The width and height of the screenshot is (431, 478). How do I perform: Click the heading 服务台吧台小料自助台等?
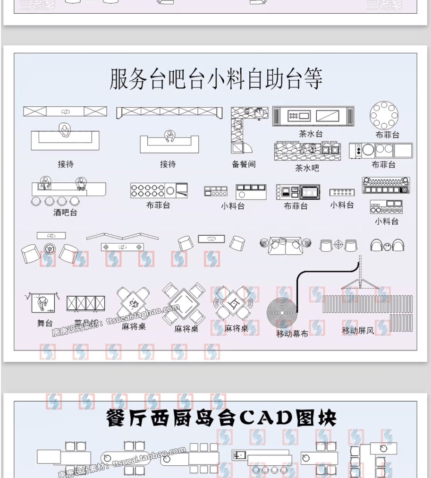click(x=216, y=79)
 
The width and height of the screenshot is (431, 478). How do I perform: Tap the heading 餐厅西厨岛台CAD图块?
click(x=221, y=418)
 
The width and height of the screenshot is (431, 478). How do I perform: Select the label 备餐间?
click(x=244, y=164)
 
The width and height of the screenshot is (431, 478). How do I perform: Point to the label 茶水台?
click(x=311, y=134)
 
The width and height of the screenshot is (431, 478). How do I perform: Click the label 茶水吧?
click(x=307, y=168)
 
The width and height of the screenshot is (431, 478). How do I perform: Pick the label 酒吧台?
click(x=65, y=213)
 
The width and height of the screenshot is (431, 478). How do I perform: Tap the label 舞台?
click(x=45, y=323)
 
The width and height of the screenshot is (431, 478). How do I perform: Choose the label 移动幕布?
click(x=292, y=333)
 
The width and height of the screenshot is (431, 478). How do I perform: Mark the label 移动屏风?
click(x=358, y=331)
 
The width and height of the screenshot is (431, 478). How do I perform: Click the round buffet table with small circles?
click(x=384, y=115)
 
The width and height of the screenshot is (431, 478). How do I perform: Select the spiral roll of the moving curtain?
click(x=282, y=312)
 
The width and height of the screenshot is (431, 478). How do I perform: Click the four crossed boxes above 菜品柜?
click(x=85, y=304)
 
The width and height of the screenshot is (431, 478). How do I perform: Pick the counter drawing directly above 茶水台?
click(x=313, y=116)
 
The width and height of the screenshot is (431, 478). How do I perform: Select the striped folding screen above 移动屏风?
click(x=367, y=305)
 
